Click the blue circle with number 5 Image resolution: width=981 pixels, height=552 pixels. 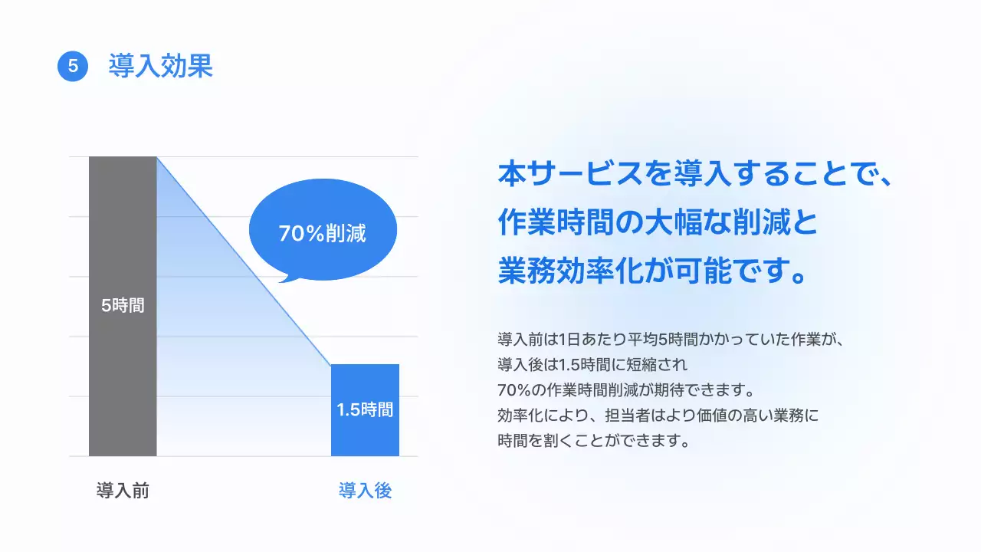tap(73, 66)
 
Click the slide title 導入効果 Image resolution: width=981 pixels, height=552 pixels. tap(160, 66)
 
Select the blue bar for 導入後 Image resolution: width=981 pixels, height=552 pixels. tap(365, 437)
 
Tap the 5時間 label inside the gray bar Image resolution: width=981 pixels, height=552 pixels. tap(123, 305)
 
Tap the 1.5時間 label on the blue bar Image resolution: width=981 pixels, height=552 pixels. tap(365, 409)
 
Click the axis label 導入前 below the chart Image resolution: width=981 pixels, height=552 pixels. tap(123, 491)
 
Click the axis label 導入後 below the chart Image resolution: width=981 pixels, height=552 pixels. tap(365, 491)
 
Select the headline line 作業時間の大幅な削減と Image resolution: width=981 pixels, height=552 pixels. tap(658, 223)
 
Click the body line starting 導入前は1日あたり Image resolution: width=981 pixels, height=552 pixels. tap(671, 338)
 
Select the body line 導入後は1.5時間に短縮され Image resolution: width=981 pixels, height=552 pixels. tap(594, 363)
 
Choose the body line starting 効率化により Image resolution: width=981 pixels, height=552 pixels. tap(658, 416)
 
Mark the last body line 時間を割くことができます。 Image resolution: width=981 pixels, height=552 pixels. tap(594, 441)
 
